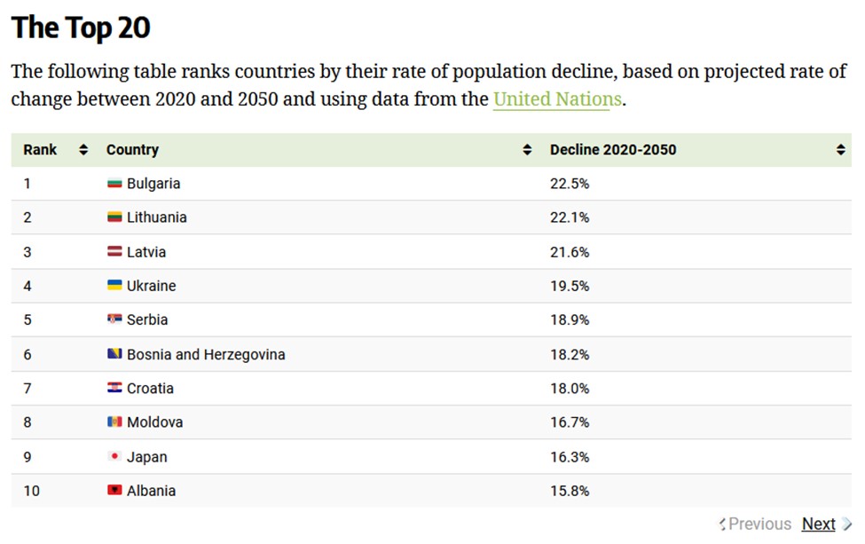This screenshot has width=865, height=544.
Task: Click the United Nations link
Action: click(x=557, y=99)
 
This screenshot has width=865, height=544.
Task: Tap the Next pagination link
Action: click(x=818, y=524)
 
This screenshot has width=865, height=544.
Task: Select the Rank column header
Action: click(x=40, y=150)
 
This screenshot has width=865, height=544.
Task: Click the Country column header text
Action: click(x=132, y=150)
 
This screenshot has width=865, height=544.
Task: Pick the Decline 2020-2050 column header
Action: click(x=612, y=150)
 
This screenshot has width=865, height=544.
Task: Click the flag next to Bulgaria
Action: click(x=114, y=184)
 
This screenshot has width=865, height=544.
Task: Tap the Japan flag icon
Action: click(x=114, y=457)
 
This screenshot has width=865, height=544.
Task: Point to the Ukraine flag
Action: click(x=114, y=286)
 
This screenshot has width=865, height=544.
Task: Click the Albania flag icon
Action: click(x=114, y=491)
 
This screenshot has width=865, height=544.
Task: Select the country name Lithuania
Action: click(x=156, y=217)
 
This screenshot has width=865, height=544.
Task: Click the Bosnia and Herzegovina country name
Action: click(x=206, y=354)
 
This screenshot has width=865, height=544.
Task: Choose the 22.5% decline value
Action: click(x=569, y=184)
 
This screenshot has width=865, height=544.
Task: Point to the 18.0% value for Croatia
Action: click(x=569, y=389)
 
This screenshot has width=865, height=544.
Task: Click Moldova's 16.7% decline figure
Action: click(x=569, y=422)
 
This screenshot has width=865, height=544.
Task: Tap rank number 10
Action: click(x=31, y=491)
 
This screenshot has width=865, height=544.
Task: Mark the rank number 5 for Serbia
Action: click(x=28, y=319)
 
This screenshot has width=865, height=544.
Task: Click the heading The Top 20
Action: click(x=81, y=28)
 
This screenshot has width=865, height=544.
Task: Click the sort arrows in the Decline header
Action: click(x=840, y=150)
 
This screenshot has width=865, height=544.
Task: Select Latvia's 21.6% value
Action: click(x=569, y=252)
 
